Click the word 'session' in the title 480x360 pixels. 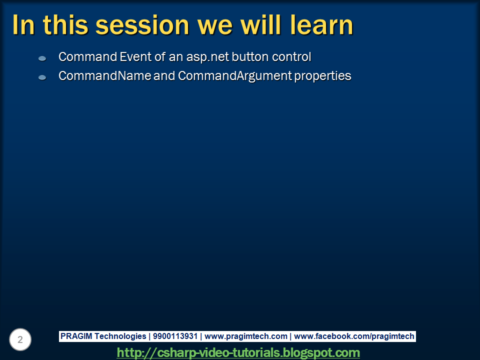pyautogui.click(x=142, y=25)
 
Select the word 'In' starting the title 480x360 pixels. pyautogui.click(x=23, y=25)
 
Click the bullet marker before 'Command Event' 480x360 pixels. pyautogui.click(x=42, y=58)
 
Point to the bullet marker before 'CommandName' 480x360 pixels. pyautogui.click(x=42, y=77)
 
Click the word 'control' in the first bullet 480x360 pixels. pyautogui.click(x=291, y=56)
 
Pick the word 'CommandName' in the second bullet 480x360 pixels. pyautogui.click(x=104, y=75)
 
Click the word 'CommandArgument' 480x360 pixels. pyautogui.click(x=235, y=76)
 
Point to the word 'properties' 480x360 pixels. pyautogui.click(x=322, y=76)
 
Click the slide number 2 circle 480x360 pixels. pyautogui.click(x=20, y=339)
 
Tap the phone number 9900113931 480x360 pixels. pyautogui.click(x=175, y=336)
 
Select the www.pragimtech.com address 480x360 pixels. pyautogui.click(x=246, y=336)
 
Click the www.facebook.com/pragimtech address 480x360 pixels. pyautogui.click(x=354, y=336)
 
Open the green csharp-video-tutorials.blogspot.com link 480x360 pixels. pyautogui.click(x=238, y=352)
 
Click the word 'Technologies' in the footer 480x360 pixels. pyautogui.click(x=120, y=336)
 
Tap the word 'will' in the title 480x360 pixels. pyautogui.click(x=261, y=25)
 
